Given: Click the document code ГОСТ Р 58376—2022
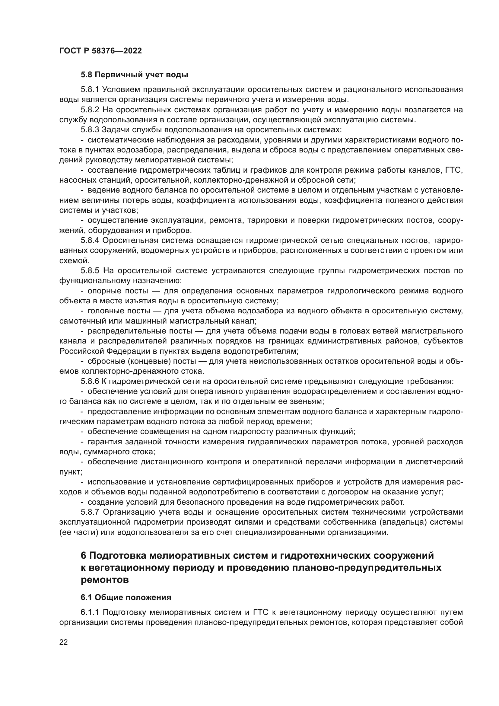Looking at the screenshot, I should point(100,51).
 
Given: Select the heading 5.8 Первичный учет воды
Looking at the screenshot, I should point(134,75).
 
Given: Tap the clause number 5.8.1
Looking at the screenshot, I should point(90,89).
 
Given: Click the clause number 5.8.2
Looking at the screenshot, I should point(90,110).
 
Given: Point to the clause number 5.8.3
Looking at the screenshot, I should point(90,130).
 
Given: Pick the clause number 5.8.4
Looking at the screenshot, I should point(90,241).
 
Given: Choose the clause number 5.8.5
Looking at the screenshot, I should point(90,270).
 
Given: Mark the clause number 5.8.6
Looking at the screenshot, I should point(90,382).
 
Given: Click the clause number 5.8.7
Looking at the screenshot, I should point(90,512).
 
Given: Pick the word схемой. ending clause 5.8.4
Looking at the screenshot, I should point(74,261).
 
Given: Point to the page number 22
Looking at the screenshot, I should point(64,642).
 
